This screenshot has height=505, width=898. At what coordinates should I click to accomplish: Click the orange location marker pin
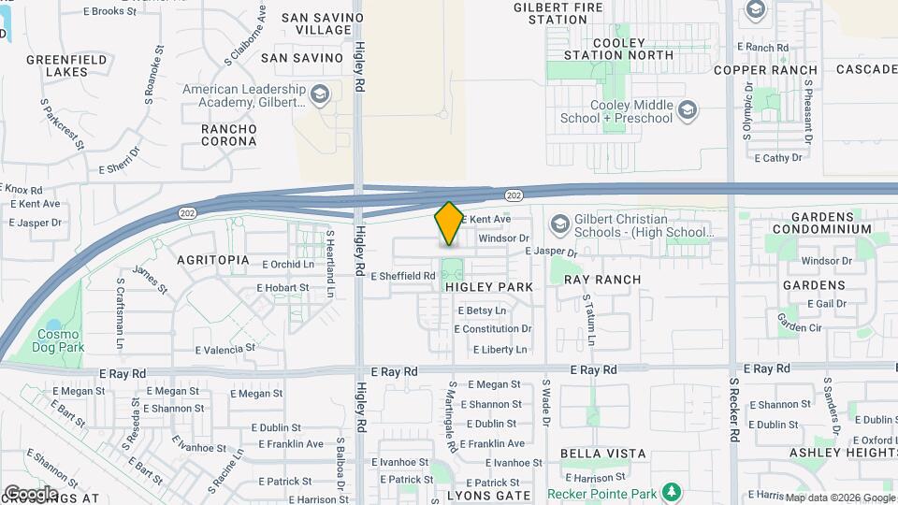[x=449, y=224]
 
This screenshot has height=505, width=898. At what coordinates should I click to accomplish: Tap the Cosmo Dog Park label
[x=61, y=340]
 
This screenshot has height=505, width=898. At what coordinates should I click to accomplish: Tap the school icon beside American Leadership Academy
[x=320, y=95]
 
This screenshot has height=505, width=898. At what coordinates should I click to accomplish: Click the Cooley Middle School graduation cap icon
[x=688, y=111]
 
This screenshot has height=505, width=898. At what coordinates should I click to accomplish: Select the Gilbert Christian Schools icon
[x=559, y=224]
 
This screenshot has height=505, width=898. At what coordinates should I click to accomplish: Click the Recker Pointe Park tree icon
[x=671, y=492]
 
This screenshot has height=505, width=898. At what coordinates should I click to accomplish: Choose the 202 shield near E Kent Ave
[x=513, y=195]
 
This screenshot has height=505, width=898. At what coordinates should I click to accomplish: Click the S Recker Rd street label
[x=734, y=420]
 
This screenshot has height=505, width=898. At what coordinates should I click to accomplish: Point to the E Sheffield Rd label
[x=403, y=277]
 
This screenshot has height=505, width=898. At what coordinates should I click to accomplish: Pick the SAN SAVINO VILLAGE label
[x=310, y=24]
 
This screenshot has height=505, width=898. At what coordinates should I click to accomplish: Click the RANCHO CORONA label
[x=229, y=135]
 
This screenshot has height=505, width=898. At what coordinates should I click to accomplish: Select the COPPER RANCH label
[x=764, y=70]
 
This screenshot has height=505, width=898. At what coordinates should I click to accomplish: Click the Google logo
[x=31, y=493]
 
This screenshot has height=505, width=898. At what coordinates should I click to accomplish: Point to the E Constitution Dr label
[x=493, y=329]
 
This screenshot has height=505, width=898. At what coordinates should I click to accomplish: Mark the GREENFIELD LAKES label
[x=57, y=65]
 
